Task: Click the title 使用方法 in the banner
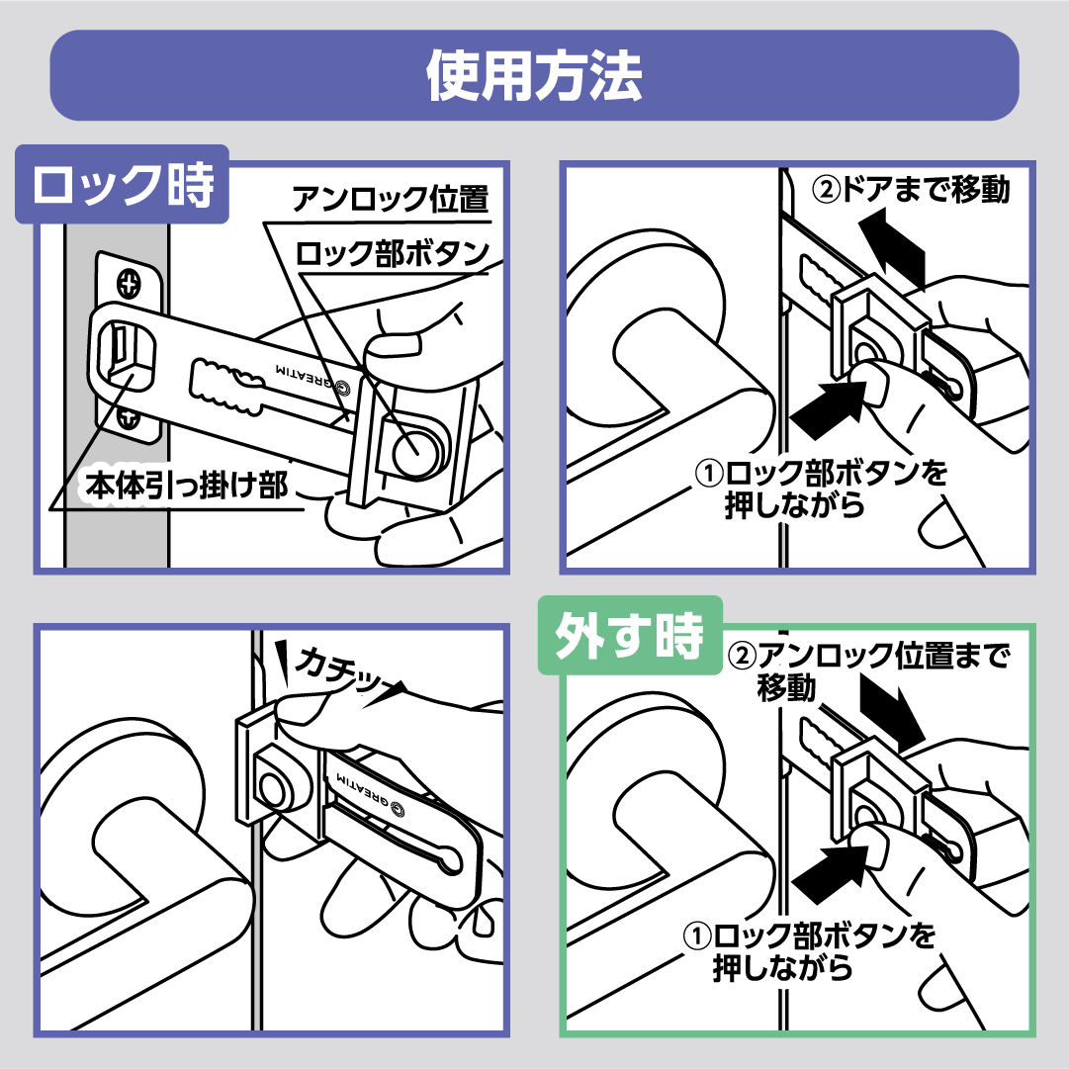(534, 75)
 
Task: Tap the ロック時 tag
(123, 185)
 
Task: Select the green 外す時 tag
(629, 637)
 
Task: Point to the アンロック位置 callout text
(390, 200)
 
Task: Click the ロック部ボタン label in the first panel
(393, 253)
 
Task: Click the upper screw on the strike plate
(128, 283)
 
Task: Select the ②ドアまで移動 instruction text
(910, 189)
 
